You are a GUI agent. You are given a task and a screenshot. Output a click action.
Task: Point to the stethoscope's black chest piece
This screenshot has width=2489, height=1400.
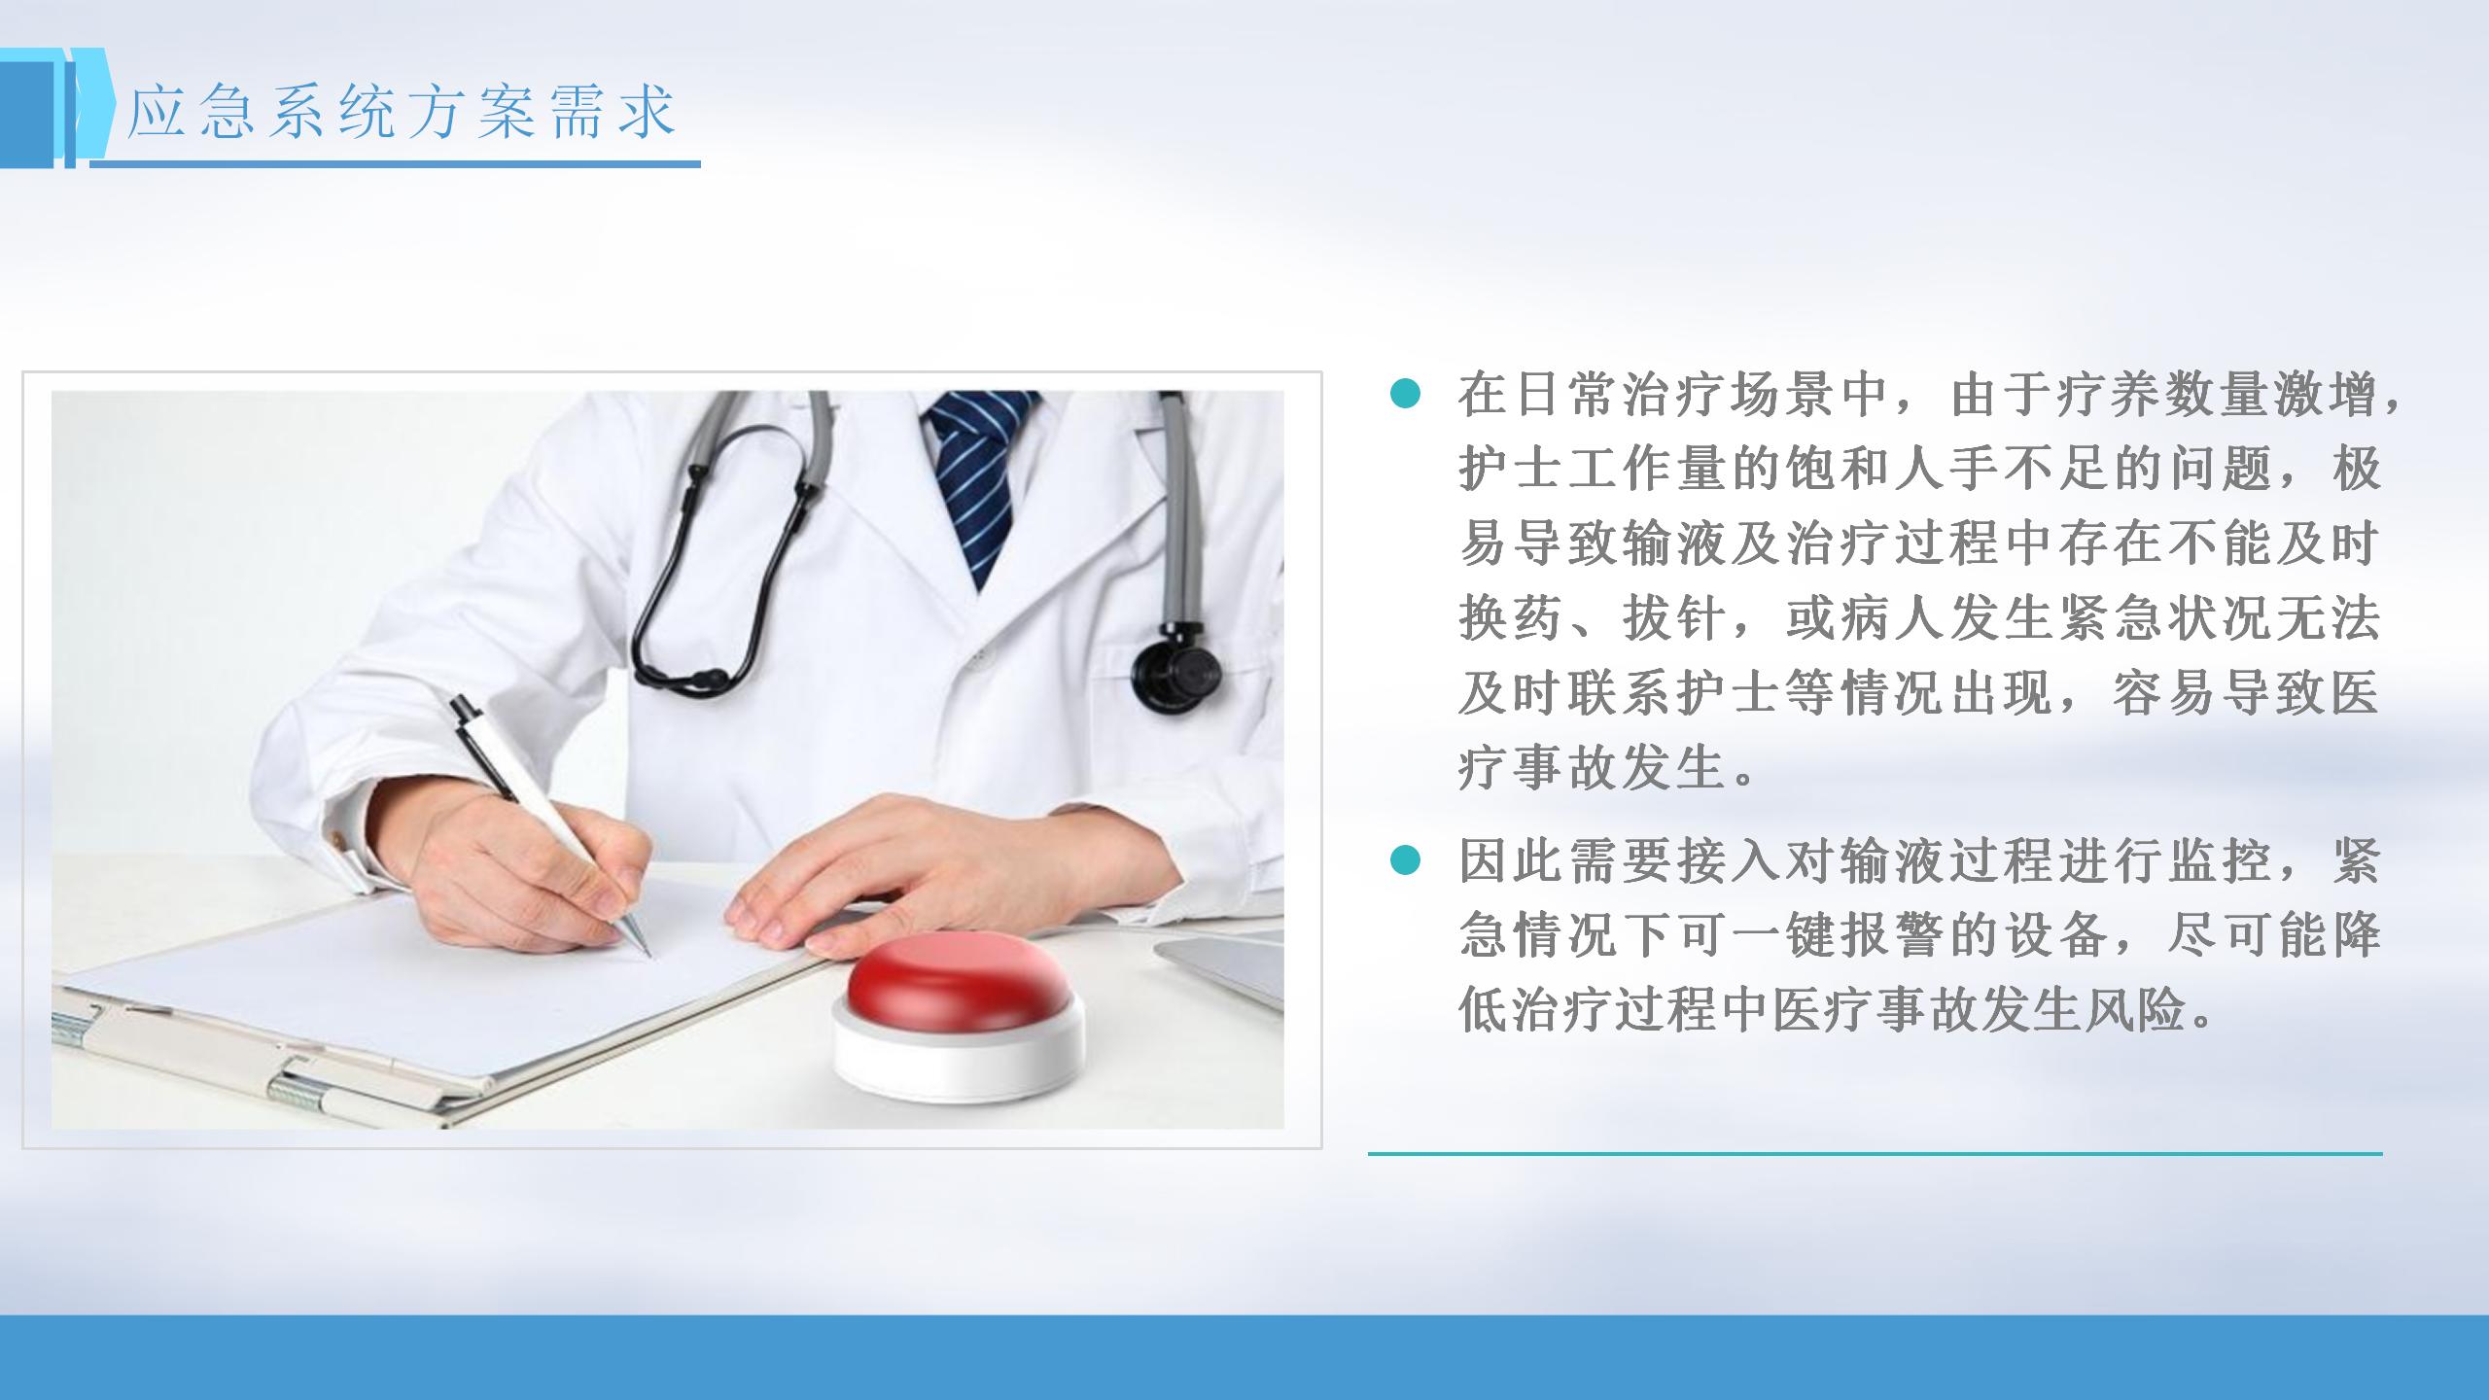click(1176, 669)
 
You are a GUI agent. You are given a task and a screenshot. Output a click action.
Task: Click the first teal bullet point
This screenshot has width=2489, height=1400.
click(1405, 394)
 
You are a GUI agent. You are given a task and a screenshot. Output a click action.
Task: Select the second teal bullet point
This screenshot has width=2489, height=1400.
click(1405, 859)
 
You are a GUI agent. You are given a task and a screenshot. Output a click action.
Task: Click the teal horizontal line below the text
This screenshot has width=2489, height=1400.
click(1876, 1154)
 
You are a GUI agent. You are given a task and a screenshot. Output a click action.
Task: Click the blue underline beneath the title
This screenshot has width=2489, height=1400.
click(395, 164)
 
